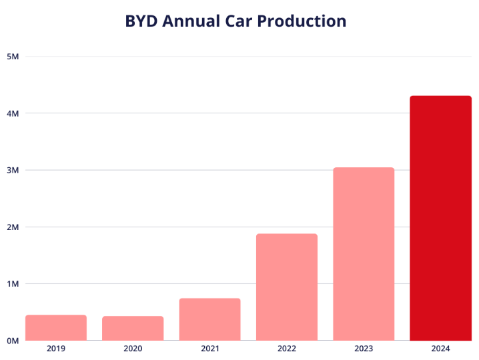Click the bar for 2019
[x=56, y=327]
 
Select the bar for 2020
[x=133, y=328]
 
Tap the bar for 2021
[x=209, y=319]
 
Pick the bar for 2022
[x=286, y=287]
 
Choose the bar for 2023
[x=364, y=253]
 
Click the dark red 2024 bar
[x=440, y=218]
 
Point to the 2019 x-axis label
[x=56, y=349]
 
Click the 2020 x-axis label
[x=133, y=349]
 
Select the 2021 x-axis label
[x=209, y=349]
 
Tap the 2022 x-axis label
[x=286, y=349]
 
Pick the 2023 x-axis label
[x=364, y=349]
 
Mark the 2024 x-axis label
[x=440, y=349]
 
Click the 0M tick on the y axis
[x=12, y=341]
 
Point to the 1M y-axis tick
[x=12, y=284]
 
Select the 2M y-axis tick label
[x=12, y=227]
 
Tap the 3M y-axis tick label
[x=12, y=170]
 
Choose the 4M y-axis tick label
[x=12, y=113]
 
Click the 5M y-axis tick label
[x=12, y=57]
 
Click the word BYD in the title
[x=141, y=21]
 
